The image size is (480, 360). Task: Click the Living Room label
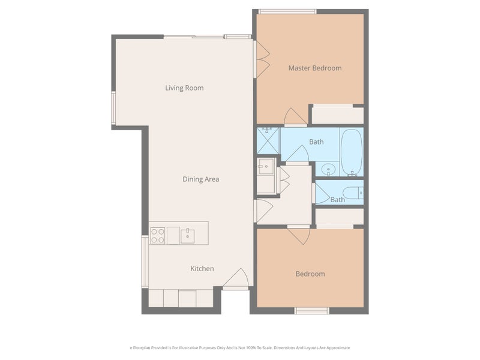(x=184, y=88)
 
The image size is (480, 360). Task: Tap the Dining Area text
(x=201, y=179)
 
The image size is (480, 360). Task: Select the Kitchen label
(x=202, y=269)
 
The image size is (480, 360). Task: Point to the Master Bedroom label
(x=315, y=68)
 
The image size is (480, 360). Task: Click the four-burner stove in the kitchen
(x=157, y=235)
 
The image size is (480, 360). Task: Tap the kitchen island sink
(x=187, y=235)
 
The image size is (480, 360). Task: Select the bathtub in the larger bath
(x=352, y=152)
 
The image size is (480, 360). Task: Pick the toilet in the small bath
(x=353, y=193)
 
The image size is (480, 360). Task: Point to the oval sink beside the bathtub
(x=328, y=169)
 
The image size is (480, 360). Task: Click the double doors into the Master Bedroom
(x=262, y=59)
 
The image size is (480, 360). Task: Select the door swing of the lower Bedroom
(x=298, y=235)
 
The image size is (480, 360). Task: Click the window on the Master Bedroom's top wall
(x=287, y=11)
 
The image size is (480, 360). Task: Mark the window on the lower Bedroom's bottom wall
(x=311, y=310)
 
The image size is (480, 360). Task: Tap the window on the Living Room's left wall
(x=113, y=109)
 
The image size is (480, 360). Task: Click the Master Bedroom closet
(x=337, y=115)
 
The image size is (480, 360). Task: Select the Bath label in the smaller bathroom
(x=338, y=200)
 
